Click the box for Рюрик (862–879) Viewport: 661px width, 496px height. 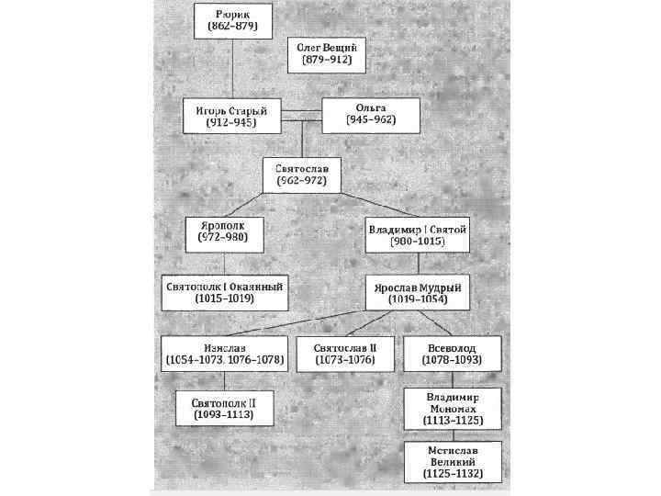point(234,20)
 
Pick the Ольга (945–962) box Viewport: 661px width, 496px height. point(370,115)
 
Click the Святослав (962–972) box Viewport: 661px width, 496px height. point(302,175)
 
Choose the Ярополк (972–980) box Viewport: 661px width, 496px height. point(222,233)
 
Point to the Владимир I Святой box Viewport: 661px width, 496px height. point(417,234)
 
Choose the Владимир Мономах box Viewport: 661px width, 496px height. point(453,409)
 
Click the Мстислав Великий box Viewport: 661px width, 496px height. point(453,463)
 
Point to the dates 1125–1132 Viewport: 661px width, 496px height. point(453,475)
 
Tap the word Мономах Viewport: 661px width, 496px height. point(453,408)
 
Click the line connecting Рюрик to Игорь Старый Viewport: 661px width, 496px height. point(234,66)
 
